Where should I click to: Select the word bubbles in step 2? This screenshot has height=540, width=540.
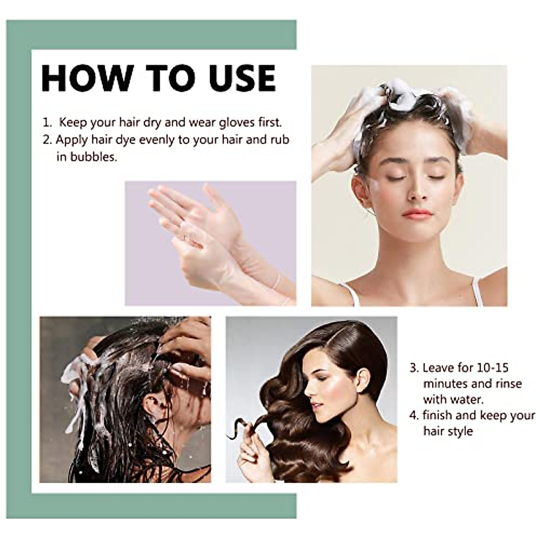(x=93, y=157)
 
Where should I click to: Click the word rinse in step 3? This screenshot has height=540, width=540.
(x=505, y=384)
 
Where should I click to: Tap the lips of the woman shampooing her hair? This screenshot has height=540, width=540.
(x=417, y=213)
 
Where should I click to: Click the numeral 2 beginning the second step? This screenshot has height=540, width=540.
(x=47, y=139)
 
